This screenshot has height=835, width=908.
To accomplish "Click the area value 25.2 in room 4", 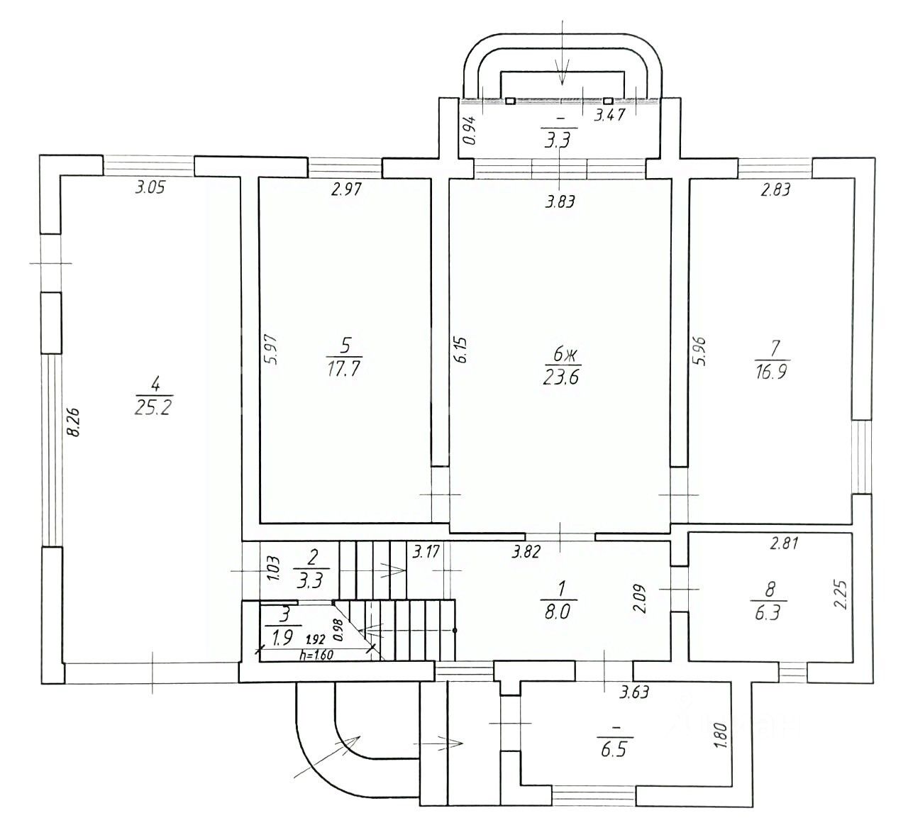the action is pos(153,407).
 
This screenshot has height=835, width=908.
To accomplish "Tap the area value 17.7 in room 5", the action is pos(343,369).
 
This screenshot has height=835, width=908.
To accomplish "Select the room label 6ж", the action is pos(562,355).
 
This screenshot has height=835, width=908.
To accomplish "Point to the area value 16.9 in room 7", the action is pos(771,371).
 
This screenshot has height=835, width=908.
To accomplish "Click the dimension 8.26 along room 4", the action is pos(73,422).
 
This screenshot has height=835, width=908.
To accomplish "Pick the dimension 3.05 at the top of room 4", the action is pos(150,187).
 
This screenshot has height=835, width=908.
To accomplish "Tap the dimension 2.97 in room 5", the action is pos(346,189).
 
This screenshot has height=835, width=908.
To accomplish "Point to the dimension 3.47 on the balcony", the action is pos(609,114).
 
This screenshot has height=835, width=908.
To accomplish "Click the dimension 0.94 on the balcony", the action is pos(470,131).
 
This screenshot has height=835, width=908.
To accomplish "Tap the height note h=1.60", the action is pos(316,656).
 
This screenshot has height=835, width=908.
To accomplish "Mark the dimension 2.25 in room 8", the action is pos(840,595).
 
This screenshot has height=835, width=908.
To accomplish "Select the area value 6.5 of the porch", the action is pos(614,750).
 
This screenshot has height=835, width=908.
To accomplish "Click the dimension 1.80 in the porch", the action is pos(722,736).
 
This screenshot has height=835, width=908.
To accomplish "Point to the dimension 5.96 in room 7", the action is pos(699,351).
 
